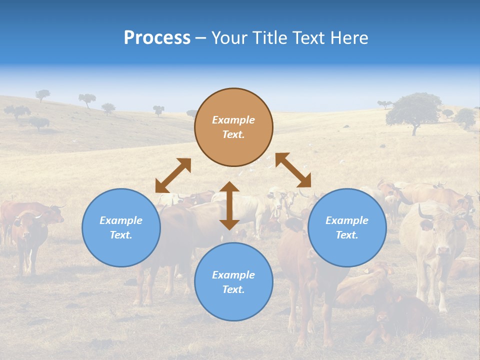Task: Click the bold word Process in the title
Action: tap(157, 38)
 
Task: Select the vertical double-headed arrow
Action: tap(229, 205)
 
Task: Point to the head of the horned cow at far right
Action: tap(435, 235)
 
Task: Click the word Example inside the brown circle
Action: tap(233, 120)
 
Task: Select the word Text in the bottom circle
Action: tap(233, 289)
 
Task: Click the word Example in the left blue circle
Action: tap(121, 220)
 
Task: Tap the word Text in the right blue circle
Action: tap(347, 235)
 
